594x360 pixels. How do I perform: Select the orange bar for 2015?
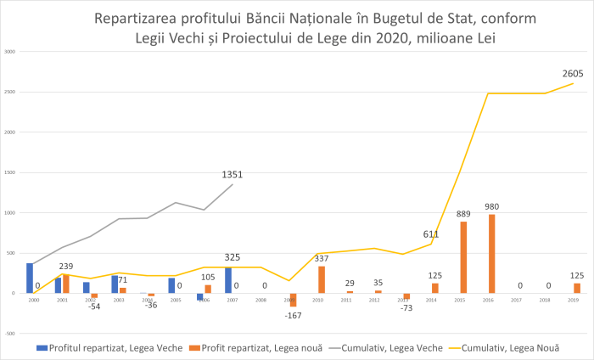click(x=463, y=257)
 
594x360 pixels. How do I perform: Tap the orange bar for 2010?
click(x=322, y=279)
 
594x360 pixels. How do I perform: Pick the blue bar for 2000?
click(x=30, y=278)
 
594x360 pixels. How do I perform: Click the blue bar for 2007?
click(x=228, y=280)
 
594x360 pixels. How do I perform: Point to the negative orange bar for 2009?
click(x=294, y=300)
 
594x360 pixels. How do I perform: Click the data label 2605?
click(x=573, y=75)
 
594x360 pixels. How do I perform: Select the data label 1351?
click(x=233, y=175)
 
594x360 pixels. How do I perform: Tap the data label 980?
click(x=492, y=206)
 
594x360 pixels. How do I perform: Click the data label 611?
click(x=431, y=234)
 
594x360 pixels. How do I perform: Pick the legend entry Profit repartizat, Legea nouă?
click(x=250, y=347)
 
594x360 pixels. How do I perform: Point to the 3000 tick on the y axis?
click(x=10, y=52)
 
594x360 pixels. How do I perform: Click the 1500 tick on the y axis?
click(x=10, y=172)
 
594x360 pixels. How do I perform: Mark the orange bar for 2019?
click(x=577, y=288)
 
